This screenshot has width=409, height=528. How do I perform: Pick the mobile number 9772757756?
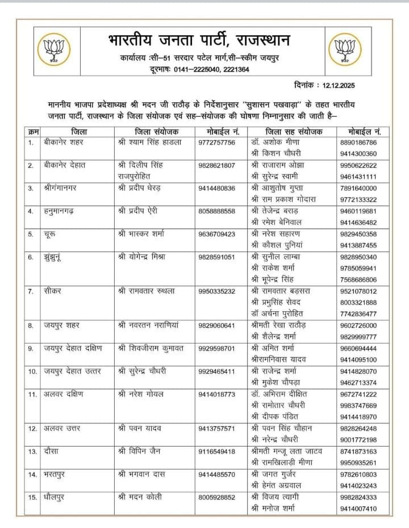pos(217,142)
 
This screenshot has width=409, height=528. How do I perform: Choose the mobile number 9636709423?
pos(217,233)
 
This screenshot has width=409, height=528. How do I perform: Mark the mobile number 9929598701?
pos(217,348)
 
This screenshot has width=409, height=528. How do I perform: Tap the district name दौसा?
pos(52,451)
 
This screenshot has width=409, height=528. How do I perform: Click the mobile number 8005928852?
pos(217,497)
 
